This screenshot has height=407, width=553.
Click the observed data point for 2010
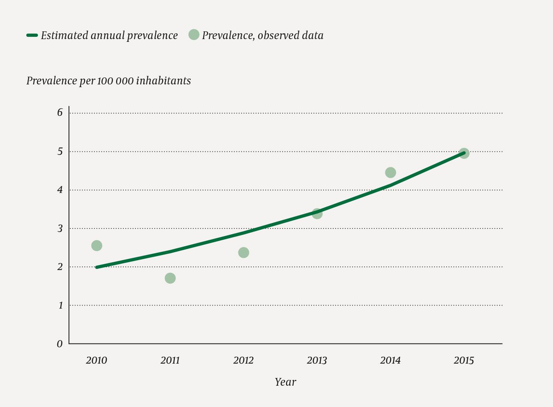pyautogui.click(x=97, y=246)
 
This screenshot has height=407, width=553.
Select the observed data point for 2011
pyautogui.click(x=170, y=278)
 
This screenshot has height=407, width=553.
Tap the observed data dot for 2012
pyautogui.click(x=243, y=252)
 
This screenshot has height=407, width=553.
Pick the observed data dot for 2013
pyautogui.click(x=317, y=213)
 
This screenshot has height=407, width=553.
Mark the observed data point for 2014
pyautogui.click(x=390, y=172)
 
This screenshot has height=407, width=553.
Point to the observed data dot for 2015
pyautogui.click(x=464, y=153)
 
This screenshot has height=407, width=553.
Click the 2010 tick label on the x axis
pyautogui.click(x=96, y=361)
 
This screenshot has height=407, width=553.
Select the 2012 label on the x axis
pyautogui.click(x=243, y=361)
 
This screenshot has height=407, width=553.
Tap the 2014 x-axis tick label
pyautogui.click(x=390, y=361)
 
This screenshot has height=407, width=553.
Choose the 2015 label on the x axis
pyautogui.click(x=464, y=361)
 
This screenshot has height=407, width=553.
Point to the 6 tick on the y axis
pyautogui.click(x=60, y=113)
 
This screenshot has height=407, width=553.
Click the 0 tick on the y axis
pyautogui.click(x=60, y=344)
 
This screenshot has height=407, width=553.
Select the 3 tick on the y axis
pyautogui.click(x=60, y=228)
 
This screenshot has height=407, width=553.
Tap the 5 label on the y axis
pyautogui.click(x=60, y=151)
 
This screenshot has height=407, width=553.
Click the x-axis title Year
pyautogui.click(x=286, y=382)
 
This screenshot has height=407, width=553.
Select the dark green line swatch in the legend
pyautogui.click(x=32, y=35)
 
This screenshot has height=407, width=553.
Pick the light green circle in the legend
pyautogui.click(x=194, y=35)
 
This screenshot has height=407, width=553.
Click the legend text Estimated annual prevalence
pyautogui.click(x=109, y=36)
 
